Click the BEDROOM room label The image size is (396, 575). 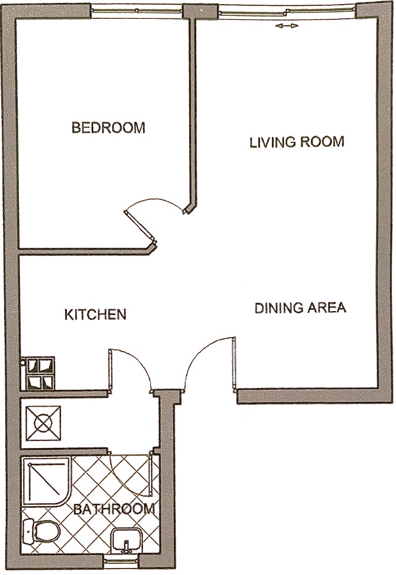click(108, 128)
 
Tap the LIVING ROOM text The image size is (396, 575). click(297, 142)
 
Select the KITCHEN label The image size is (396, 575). click(95, 315)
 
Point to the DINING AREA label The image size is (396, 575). click(300, 308)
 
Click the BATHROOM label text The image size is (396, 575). click(115, 509)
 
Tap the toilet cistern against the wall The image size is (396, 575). click(29, 533)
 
